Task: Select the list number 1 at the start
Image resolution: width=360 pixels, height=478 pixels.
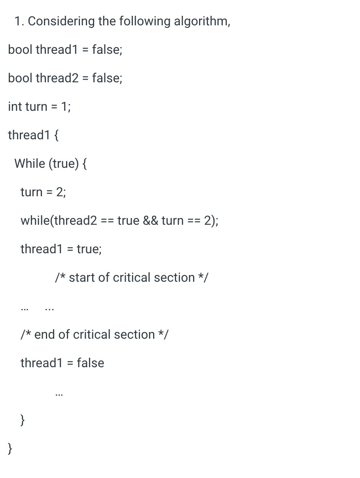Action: (18, 21)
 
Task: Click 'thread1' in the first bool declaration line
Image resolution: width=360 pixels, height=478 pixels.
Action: (56, 49)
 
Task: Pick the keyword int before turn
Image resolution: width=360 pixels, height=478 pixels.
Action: (15, 106)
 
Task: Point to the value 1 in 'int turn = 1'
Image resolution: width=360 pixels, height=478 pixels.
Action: (65, 106)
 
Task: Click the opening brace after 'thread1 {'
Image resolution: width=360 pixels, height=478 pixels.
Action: (56, 135)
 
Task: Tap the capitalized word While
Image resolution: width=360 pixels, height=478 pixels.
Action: (30, 163)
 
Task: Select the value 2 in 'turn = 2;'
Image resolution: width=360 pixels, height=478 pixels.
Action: (60, 192)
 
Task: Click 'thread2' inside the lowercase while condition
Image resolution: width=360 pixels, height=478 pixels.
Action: (76, 220)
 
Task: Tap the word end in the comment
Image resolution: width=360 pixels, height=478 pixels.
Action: (45, 334)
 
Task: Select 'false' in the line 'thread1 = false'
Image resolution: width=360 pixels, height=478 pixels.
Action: (91, 363)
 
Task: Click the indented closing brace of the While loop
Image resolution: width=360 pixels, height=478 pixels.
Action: (23, 420)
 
